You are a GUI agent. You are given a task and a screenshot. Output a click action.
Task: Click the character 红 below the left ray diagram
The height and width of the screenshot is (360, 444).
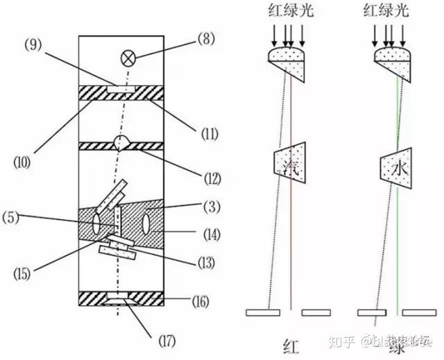291,345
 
